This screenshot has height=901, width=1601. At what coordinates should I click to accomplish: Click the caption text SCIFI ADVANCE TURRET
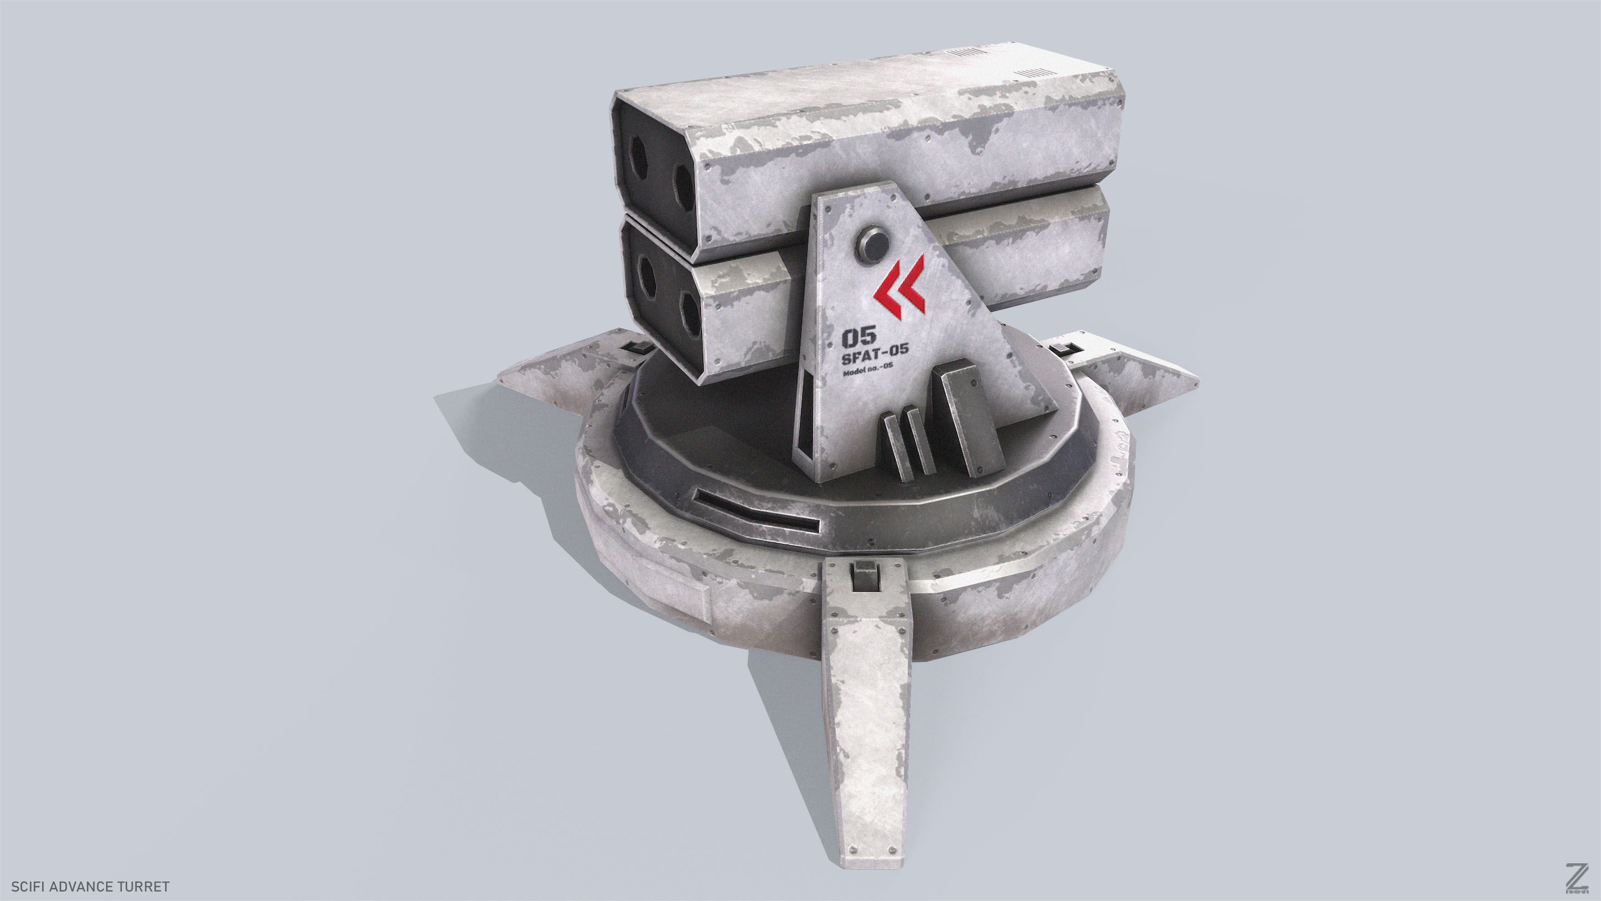pyautogui.click(x=90, y=886)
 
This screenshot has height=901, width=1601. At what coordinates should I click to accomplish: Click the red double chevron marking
pyautogui.click(x=899, y=288)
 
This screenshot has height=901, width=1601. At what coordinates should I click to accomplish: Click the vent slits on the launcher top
pyautogui.click(x=1035, y=73)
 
